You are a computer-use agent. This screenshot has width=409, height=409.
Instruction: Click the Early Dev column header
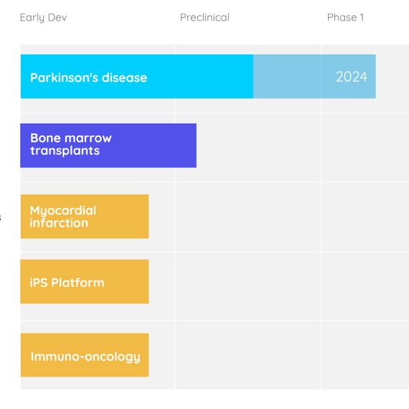43,18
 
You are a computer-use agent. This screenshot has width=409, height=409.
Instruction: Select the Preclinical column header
204,17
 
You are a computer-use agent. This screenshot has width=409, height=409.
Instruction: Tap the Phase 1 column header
345,17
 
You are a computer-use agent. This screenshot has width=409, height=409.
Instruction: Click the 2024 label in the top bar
352,77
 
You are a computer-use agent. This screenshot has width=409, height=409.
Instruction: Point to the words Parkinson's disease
89,77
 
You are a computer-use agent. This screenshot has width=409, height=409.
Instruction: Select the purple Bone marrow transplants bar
108,145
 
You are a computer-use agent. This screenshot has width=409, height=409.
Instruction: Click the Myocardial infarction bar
85,216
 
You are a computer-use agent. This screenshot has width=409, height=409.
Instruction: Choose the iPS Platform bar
85,281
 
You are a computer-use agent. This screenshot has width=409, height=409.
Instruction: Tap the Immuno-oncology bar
85,354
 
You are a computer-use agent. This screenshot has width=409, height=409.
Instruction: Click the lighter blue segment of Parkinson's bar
314,77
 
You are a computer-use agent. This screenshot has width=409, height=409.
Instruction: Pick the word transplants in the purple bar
65,151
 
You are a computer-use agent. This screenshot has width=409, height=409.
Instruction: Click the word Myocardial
63,211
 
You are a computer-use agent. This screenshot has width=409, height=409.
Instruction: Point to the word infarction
59,223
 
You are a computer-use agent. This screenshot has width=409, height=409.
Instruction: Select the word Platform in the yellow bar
77,283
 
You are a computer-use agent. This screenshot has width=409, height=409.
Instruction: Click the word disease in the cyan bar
124,77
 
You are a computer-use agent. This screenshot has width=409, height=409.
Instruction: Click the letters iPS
39,283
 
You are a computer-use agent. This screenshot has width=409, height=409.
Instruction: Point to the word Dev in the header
57,17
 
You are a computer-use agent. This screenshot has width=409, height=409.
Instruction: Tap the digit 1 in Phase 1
362,17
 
